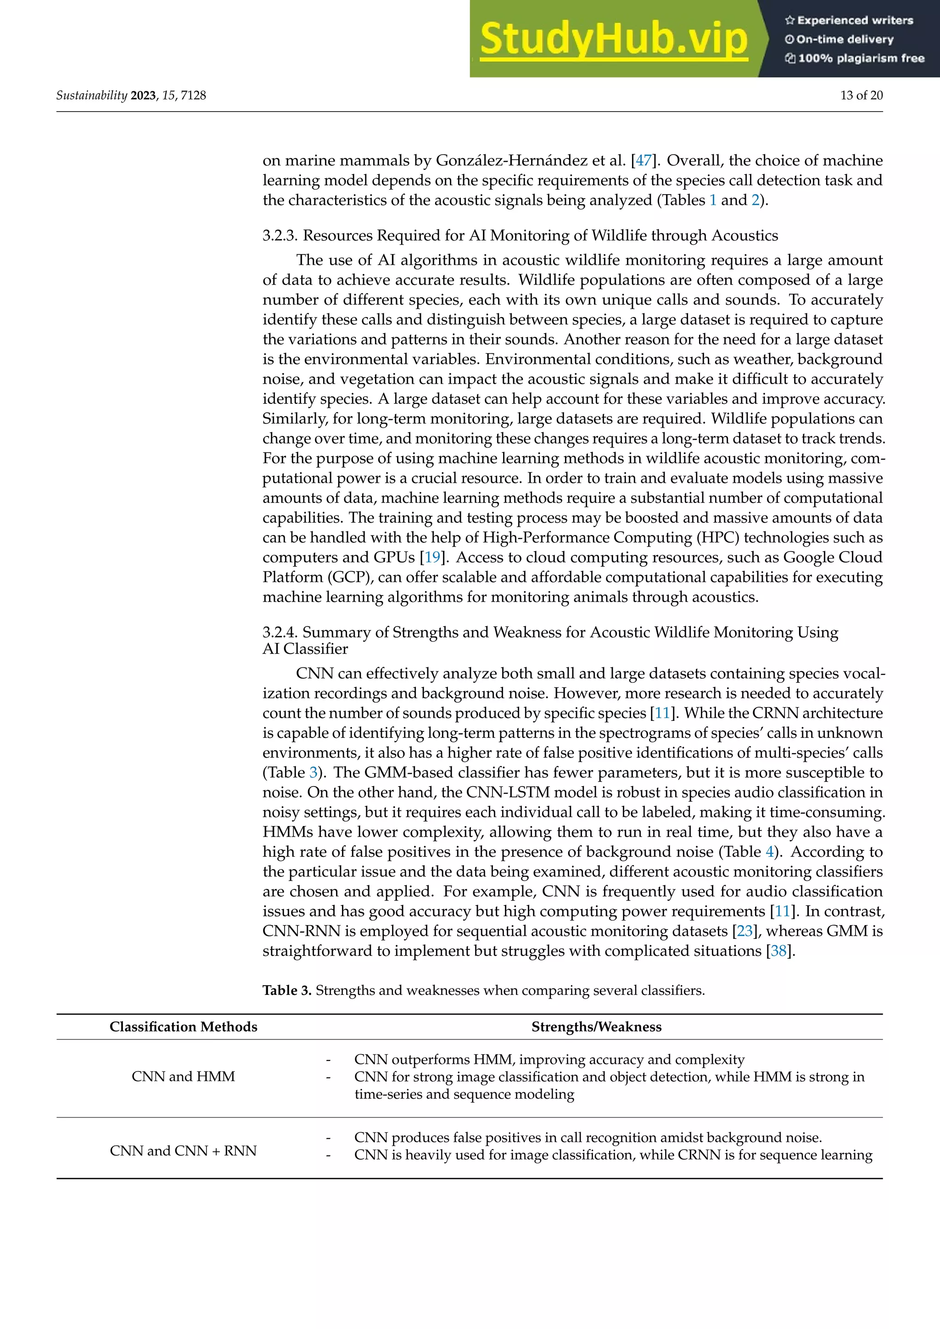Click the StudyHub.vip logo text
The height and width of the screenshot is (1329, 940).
(x=614, y=39)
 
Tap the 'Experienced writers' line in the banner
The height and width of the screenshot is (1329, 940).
(x=849, y=20)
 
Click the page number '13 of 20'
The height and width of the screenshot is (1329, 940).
(x=861, y=95)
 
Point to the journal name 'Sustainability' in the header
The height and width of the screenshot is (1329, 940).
(x=91, y=95)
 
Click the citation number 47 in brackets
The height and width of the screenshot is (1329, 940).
(x=643, y=160)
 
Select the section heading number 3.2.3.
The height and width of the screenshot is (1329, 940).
(x=280, y=235)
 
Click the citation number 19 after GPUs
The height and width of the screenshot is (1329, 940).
(x=432, y=558)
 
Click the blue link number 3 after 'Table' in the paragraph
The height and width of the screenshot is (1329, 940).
(x=313, y=773)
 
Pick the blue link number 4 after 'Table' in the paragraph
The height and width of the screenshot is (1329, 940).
(x=769, y=852)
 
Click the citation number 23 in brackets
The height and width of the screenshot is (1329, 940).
(x=744, y=931)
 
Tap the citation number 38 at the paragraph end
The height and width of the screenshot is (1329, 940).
(x=778, y=951)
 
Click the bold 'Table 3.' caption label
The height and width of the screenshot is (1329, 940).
(x=287, y=990)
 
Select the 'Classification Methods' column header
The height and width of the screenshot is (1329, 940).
(x=184, y=1027)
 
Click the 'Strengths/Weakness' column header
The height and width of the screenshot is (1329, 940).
(x=596, y=1027)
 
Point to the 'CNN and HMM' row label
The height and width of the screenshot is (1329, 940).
(x=184, y=1077)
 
